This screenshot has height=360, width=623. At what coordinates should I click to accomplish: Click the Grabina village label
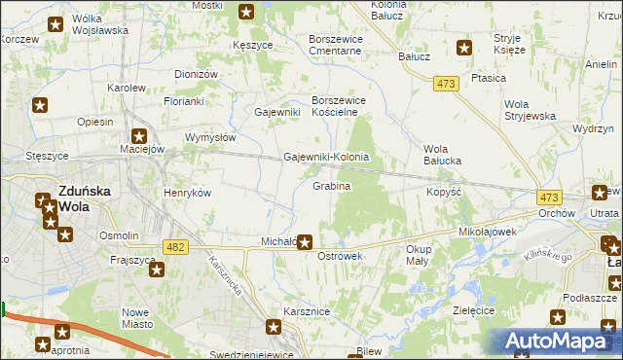[331, 185]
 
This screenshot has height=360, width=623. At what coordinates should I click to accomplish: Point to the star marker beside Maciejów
[140, 137]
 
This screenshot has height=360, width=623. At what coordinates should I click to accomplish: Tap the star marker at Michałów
[305, 241]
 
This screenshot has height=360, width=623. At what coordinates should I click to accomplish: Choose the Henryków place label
[187, 193]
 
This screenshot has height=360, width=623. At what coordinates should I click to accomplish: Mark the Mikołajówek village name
[487, 234]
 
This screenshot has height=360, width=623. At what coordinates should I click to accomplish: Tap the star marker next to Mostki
[246, 13]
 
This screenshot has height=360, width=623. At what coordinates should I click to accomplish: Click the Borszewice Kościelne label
[343, 106]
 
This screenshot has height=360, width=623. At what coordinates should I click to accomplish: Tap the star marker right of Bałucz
[464, 47]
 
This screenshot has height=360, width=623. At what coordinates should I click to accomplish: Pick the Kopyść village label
[443, 193]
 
